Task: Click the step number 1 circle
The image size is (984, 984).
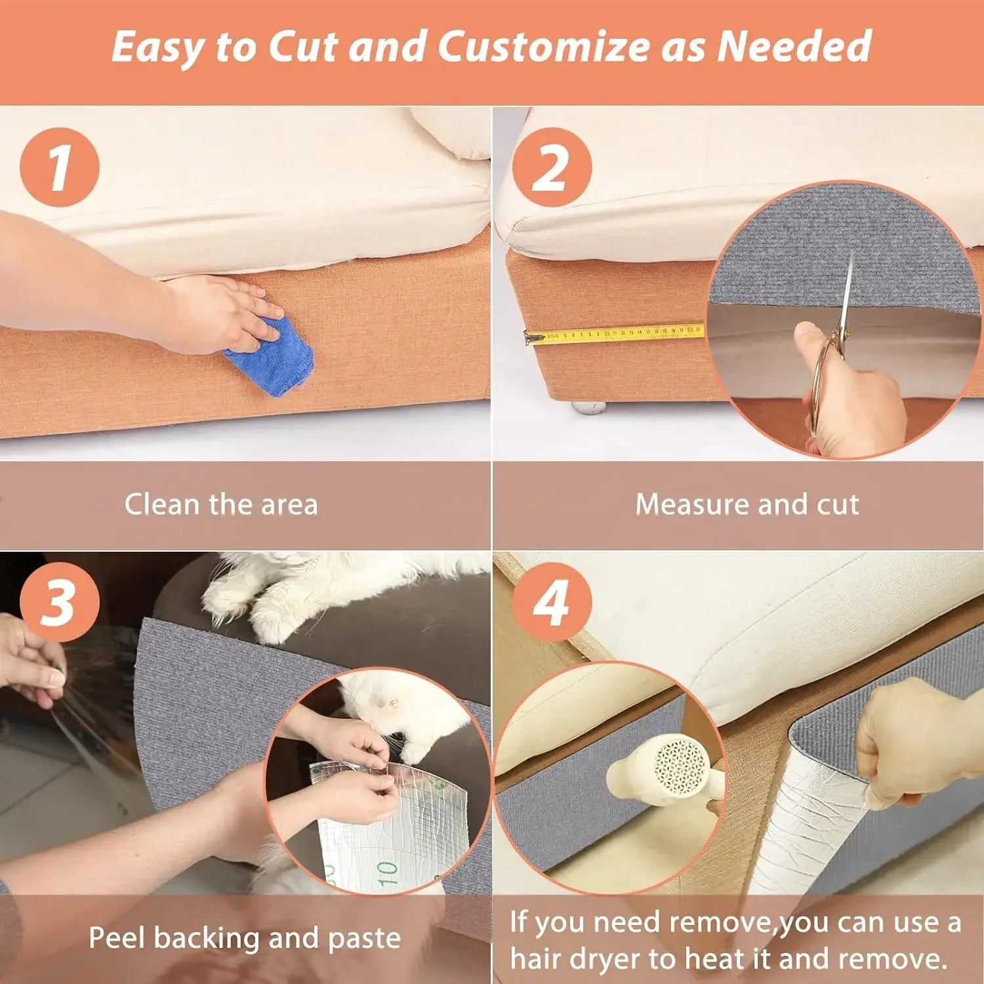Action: (x=60, y=167)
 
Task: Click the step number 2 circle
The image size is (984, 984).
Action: (x=552, y=167)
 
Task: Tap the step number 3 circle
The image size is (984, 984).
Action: (x=60, y=602)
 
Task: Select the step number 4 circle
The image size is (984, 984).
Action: (x=552, y=602)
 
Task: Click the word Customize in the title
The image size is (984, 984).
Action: (x=544, y=47)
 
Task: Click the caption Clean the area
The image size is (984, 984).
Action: (x=221, y=504)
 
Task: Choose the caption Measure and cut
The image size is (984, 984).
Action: (x=747, y=504)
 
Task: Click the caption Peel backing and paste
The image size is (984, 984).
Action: (x=245, y=938)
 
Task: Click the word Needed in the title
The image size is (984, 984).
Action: (x=794, y=47)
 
